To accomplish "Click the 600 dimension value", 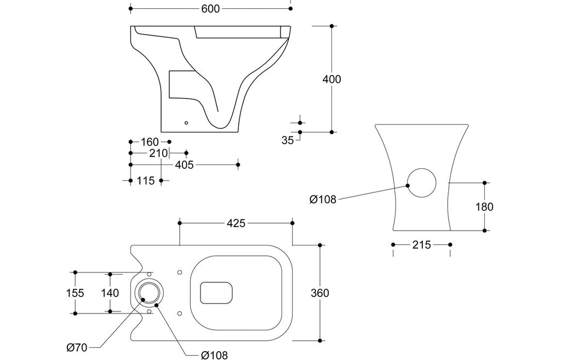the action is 210,9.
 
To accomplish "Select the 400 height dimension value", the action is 331,79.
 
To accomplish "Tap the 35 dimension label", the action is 287,140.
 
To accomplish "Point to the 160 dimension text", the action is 150,142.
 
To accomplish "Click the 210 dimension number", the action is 158,153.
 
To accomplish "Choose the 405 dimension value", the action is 184,164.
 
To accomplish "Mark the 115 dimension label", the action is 146,181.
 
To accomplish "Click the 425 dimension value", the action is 236,224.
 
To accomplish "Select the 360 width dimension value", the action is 320,293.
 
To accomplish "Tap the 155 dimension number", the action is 75,293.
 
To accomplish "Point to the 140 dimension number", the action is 110,293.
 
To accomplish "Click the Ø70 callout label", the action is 77,347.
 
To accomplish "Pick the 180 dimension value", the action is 484,207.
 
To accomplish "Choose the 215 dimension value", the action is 421,245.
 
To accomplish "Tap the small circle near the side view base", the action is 186,123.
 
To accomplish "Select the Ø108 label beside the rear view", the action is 323,199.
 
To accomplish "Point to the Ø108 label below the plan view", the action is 214,355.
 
